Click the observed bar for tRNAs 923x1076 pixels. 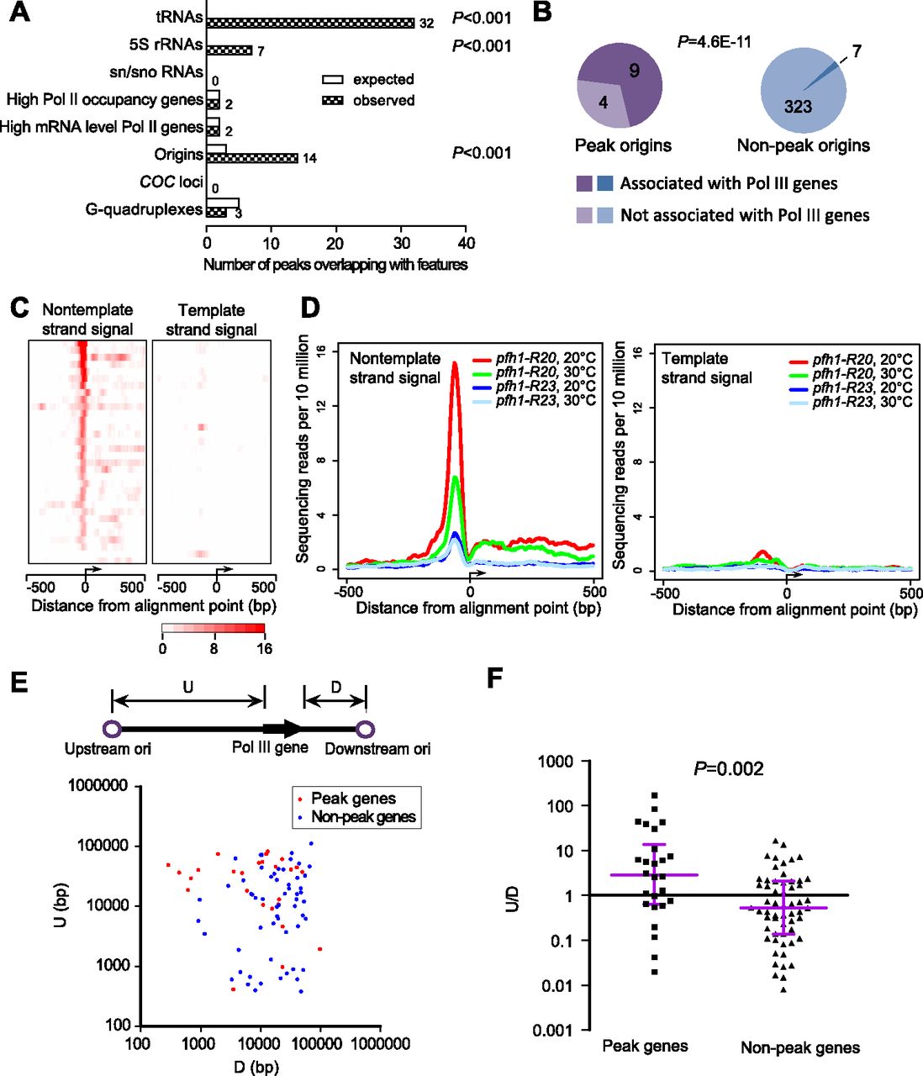click(311, 23)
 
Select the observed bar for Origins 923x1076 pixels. click(252, 158)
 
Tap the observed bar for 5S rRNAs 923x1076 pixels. click(229, 50)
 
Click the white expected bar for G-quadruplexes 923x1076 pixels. click(224, 203)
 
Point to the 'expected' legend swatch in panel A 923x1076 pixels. click(334, 80)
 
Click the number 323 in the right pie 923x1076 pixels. click(798, 106)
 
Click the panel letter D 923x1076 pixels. click(310, 308)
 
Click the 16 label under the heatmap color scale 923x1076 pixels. click(264, 648)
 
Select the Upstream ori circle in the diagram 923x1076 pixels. click(113, 729)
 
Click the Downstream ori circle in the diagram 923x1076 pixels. click(366, 729)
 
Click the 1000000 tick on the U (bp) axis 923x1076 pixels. click(97, 786)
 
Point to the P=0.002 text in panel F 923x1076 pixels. click(729, 768)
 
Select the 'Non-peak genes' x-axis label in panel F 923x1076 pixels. click(799, 1047)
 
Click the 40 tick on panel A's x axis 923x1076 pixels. click(466, 244)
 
